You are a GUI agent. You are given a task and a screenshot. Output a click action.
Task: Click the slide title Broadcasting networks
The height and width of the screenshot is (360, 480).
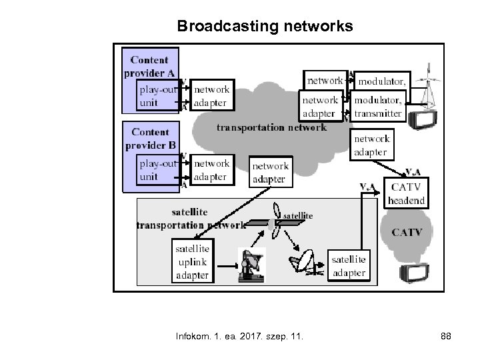click(x=265, y=26)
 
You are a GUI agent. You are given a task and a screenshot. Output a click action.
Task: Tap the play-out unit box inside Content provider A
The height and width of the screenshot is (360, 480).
click(x=158, y=95)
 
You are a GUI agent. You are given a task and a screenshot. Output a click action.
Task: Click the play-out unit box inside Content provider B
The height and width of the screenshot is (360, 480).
click(x=158, y=169)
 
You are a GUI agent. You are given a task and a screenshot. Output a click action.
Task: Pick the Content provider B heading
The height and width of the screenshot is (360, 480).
click(x=151, y=139)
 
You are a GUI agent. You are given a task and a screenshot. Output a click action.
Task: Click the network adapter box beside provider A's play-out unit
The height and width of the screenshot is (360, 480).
click(x=211, y=95)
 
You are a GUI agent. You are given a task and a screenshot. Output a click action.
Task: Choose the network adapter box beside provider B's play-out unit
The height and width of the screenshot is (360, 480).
click(x=211, y=169)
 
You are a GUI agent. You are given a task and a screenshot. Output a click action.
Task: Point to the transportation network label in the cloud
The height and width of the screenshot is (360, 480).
click(x=271, y=127)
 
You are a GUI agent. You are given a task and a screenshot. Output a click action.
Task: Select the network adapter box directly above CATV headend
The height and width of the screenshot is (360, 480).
click(x=371, y=145)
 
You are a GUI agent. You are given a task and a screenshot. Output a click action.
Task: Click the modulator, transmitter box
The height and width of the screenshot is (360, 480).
click(x=377, y=107)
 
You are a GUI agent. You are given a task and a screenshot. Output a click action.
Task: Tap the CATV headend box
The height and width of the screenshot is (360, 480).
click(x=407, y=193)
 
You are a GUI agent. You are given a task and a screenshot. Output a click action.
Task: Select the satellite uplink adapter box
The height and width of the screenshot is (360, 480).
click(x=192, y=261)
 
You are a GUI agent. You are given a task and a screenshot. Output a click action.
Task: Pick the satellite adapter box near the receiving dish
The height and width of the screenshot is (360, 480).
click(x=348, y=265)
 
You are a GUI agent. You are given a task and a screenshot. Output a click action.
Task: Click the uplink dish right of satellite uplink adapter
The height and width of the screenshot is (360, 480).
click(x=252, y=265)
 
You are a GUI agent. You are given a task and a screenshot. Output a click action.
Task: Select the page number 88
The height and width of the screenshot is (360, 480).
click(x=445, y=337)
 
